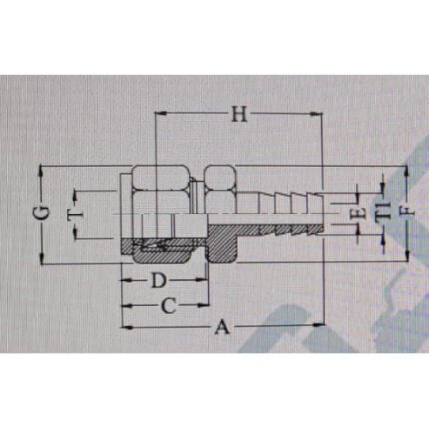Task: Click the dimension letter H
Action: click(x=237, y=114)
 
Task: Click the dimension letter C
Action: click(x=169, y=305)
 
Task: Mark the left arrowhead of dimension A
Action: click(x=124, y=325)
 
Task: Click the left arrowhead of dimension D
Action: click(x=124, y=281)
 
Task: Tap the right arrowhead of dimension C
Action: click(x=207, y=305)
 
